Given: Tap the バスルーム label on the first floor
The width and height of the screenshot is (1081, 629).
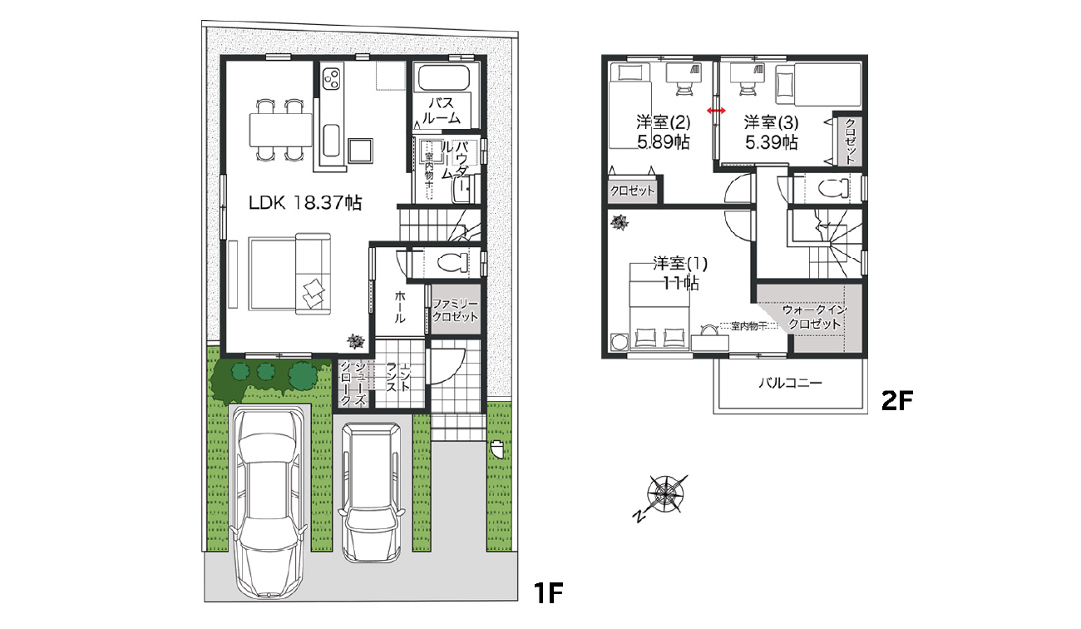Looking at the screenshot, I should pos(441,111).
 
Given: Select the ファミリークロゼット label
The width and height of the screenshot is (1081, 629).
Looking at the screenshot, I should pos(455,310).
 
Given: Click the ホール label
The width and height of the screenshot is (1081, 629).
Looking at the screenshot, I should pos(400,307).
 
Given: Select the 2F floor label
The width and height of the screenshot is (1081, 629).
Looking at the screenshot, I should pos(897,403).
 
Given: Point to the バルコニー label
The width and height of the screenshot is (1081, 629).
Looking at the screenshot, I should pos(789,384).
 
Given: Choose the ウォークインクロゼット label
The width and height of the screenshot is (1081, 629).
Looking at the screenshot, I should pos(815,317).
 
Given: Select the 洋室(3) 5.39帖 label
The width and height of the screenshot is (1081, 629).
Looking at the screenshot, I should pos(771,131).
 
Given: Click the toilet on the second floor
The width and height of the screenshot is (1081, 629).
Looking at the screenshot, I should pos(832,186).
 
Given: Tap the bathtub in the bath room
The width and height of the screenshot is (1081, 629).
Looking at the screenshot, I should pos(444,79).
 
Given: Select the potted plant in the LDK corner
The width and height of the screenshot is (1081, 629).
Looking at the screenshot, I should pos(356,340).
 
